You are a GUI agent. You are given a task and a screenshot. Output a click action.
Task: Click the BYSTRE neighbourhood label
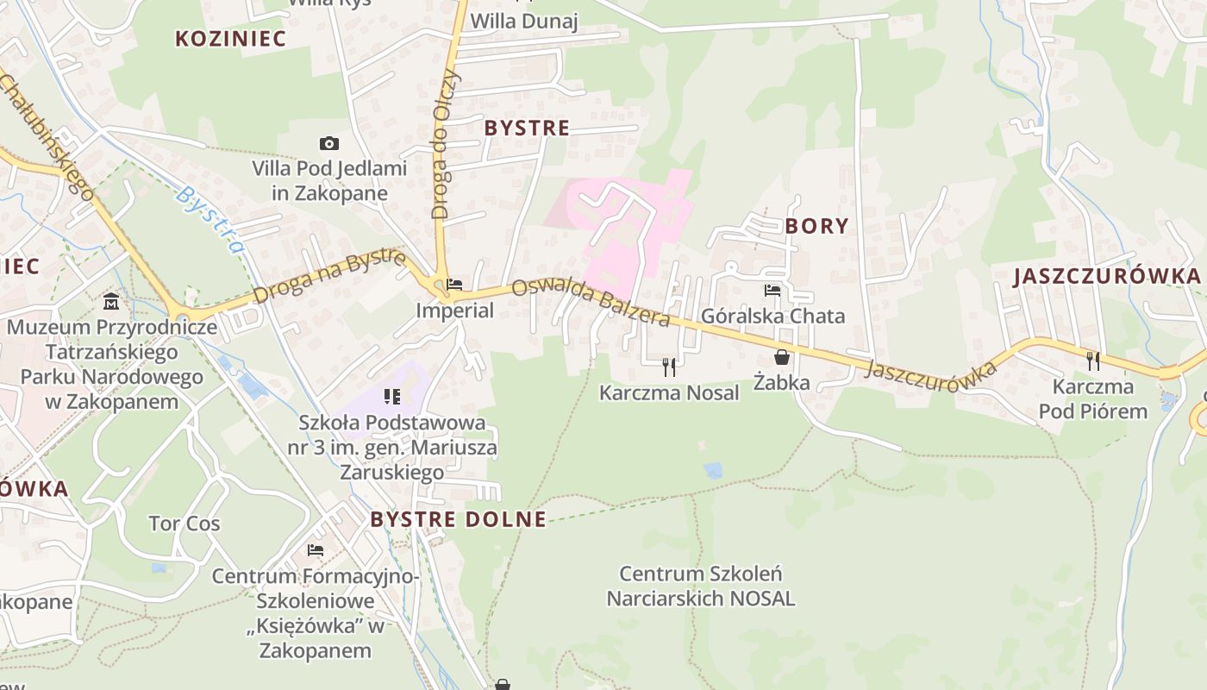[x=527, y=129]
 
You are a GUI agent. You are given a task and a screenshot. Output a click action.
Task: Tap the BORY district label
[x=816, y=226]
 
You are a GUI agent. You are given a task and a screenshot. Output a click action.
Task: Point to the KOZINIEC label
[x=218, y=38]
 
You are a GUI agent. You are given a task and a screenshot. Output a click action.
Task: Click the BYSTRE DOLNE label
[x=458, y=519]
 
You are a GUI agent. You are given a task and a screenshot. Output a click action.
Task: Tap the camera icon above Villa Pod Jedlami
[x=328, y=143]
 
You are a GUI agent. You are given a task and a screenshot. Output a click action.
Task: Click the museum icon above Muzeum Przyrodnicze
[x=111, y=301]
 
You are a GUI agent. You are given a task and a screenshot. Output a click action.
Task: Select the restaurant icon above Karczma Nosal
[x=669, y=367]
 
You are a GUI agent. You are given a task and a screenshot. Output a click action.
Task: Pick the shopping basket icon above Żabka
[x=782, y=356]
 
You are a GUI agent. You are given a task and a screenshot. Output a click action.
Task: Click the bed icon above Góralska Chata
[x=772, y=291]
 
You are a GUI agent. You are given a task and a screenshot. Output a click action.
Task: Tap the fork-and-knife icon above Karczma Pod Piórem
[x=1093, y=361]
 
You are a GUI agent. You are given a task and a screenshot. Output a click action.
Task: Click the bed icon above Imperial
[x=454, y=284]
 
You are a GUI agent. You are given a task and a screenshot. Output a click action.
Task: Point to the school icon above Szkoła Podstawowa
[x=392, y=397]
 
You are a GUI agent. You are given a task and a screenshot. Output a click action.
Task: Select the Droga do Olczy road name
[x=441, y=142]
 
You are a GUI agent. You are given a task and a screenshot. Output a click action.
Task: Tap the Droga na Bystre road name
[x=328, y=277]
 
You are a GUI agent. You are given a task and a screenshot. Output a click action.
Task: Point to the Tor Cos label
[x=184, y=524]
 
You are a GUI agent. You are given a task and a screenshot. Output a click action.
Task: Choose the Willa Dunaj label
[x=524, y=21]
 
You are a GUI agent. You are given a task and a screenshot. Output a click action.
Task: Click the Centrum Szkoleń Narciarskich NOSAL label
[x=700, y=586]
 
